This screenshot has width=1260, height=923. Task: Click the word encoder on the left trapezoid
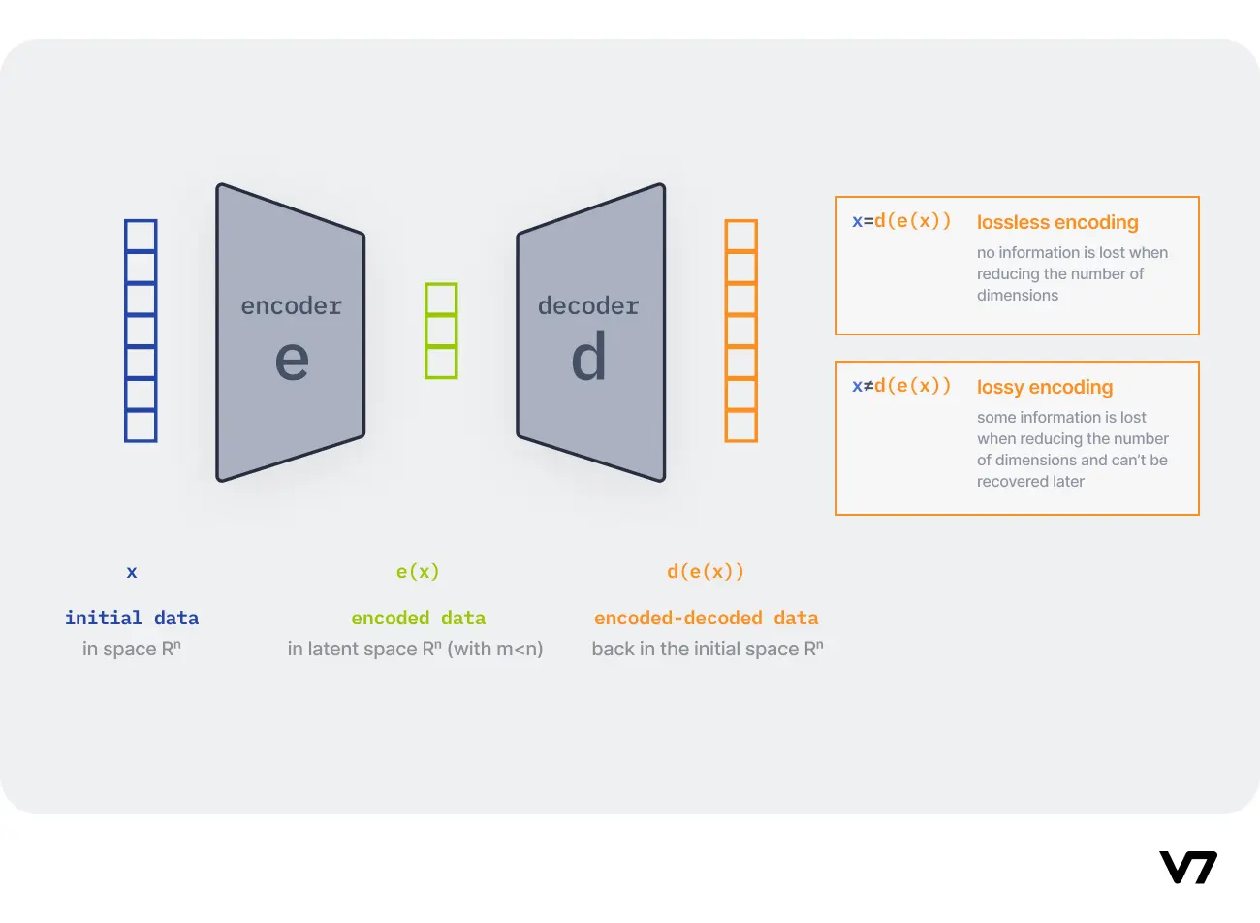pyautogui.click(x=291, y=306)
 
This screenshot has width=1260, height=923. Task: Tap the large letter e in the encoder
pyautogui.click(x=292, y=360)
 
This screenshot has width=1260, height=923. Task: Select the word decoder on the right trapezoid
pyautogui.click(x=588, y=306)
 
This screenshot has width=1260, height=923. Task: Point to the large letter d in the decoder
pyautogui.click(x=588, y=357)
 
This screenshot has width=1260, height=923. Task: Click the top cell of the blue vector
pyautogui.click(x=141, y=237)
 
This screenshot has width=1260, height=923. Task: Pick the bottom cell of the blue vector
pyautogui.click(x=141, y=426)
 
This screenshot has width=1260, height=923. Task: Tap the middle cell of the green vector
pyautogui.click(x=441, y=331)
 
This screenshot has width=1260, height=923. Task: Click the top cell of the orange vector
pyautogui.click(x=741, y=237)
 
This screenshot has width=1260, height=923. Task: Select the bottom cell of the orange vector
pyautogui.click(x=741, y=426)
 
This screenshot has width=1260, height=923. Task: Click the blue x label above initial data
pyautogui.click(x=132, y=572)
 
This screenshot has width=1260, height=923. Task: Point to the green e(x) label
pyautogui.click(x=418, y=572)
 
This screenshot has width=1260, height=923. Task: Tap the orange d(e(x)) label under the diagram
pyautogui.click(x=706, y=572)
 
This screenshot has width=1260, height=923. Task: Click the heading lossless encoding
pyautogui.click(x=1057, y=223)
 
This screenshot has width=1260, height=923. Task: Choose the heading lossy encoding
pyautogui.click(x=1045, y=388)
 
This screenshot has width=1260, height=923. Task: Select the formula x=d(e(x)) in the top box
pyautogui.click(x=901, y=221)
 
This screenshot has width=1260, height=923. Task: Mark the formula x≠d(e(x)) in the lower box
pyautogui.click(x=901, y=386)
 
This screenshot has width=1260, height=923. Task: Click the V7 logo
pyautogui.click(x=1187, y=867)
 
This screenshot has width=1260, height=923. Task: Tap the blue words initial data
pyautogui.click(x=132, y=619)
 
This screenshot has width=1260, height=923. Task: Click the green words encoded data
pyautogui.click(x=419, y=619)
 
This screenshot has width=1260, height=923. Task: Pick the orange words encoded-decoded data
pyautogui.click(x=707, y=619)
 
